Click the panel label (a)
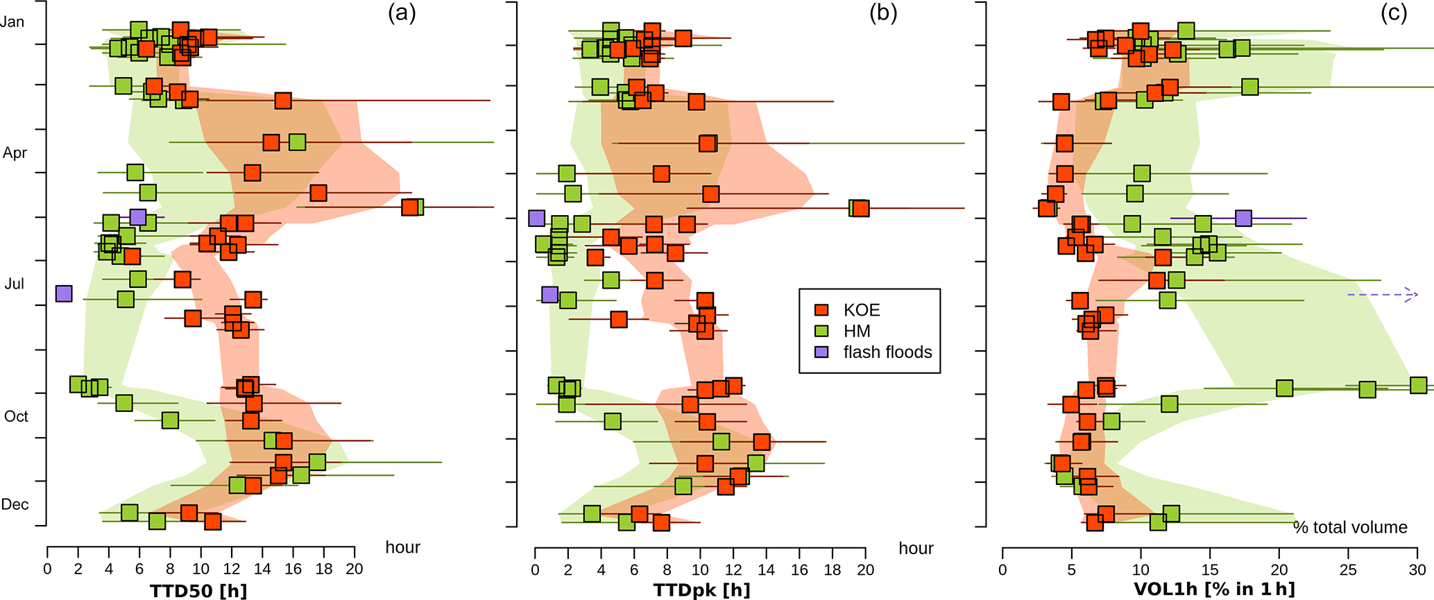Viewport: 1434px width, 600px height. [x=402, y=13]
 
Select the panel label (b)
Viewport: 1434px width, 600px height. [x=883, y=13]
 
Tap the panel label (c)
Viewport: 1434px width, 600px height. [x=1393, y=13]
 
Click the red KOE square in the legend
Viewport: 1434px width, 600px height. [x=822, y=310]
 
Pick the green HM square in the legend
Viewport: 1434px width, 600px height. [x=822, y=331]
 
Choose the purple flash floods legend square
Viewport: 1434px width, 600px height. [x=822, y=352]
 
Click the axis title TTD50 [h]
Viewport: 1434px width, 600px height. [x=198, y=590]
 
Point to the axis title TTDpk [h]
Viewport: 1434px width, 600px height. [x=701, y=590]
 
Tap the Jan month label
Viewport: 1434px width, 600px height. [x=12, y=22]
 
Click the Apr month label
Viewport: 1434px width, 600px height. [x=15, y=153]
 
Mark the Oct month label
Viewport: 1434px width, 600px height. [x=17, y=416]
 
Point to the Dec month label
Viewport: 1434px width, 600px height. [x=15, y=504]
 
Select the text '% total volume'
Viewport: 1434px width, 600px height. [x=1350, y=527]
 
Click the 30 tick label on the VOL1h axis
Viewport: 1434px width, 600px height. [x=1417, y=570]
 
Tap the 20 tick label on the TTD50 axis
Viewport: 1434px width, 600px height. [x=355, y=570]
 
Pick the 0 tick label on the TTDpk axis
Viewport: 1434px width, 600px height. [x=535, y=570]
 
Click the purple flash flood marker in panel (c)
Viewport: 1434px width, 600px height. [x=1243, y=218]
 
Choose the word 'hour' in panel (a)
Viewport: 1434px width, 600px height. [x=403, y=547]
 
